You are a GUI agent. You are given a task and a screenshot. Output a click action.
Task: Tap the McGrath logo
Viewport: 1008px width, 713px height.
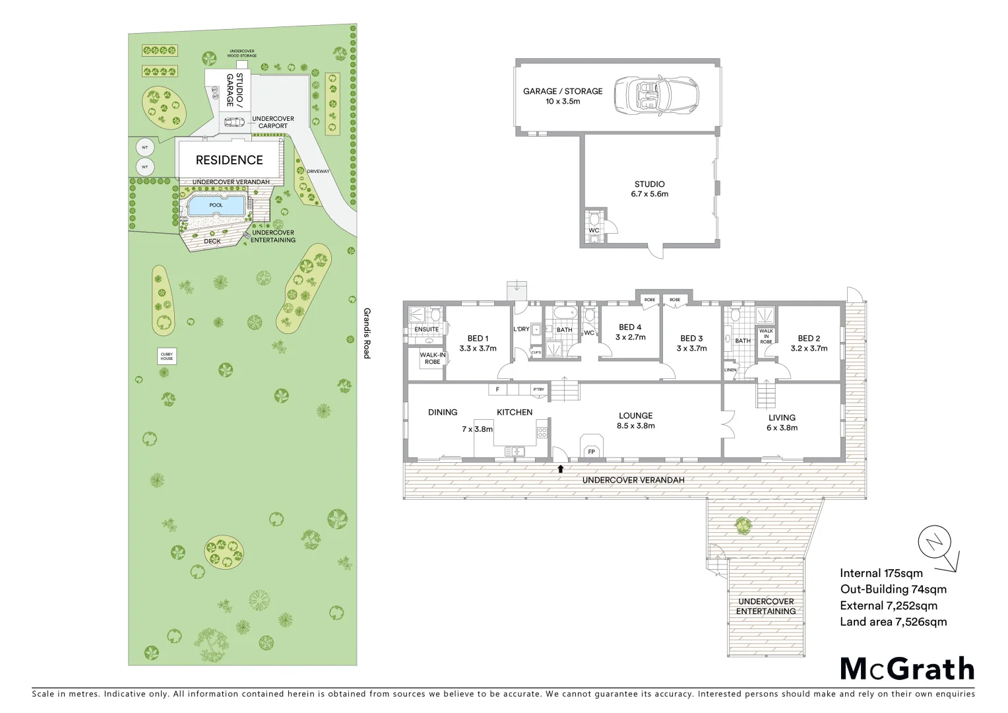click(x=907, y=669)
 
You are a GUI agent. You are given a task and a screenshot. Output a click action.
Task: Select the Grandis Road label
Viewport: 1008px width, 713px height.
click(x=367, y=333)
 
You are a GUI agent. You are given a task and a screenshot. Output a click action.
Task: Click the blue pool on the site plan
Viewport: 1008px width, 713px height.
click(x=216, y=205)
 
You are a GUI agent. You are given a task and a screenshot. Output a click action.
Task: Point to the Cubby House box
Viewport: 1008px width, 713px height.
click(x=167, y=356)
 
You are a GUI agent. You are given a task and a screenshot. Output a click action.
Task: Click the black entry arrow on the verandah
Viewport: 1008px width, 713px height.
click(x=561, y=469)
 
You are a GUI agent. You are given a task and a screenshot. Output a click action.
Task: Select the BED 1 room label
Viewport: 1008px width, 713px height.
click(x=478, y=338)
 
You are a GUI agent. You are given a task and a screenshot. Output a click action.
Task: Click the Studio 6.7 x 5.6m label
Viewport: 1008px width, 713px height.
click(x=650, y=189)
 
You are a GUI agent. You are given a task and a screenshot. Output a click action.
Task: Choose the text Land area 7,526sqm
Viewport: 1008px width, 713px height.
click(x=893, y=621)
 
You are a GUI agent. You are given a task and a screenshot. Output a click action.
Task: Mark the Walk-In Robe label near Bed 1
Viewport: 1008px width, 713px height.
click(x=433, y=358)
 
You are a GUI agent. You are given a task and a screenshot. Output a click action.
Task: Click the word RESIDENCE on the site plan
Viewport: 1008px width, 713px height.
click(x=229, y=160)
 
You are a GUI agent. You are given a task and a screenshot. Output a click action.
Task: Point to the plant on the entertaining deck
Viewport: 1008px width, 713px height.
click(x=743, y=526)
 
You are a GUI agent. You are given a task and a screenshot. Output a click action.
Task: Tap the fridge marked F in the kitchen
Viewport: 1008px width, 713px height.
click(x=497, y=390)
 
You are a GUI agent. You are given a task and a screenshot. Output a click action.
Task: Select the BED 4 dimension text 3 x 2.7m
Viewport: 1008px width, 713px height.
click(x=630, y=337)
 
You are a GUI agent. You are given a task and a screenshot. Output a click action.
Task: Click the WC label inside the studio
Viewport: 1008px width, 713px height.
click(x=594, y=230)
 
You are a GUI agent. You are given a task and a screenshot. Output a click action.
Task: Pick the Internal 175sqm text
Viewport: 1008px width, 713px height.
click(x=881, y=573)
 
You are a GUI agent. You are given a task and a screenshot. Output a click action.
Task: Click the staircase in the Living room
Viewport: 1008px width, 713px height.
click(x=766, y=395)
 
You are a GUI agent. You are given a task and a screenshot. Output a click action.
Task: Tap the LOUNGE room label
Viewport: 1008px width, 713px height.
click(x=635, y=415)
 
